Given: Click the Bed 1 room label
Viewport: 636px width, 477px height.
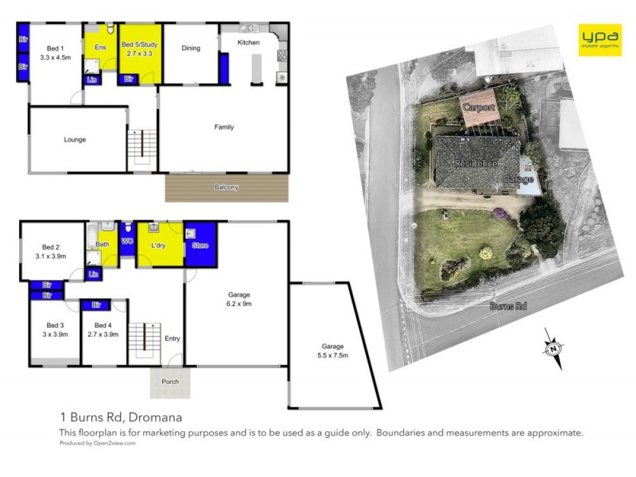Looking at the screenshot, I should [x=55, y=52].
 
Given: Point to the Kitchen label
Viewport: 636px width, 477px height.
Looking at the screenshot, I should [x=248, y=42].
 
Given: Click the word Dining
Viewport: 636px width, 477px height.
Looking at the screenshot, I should [x=191, y=48].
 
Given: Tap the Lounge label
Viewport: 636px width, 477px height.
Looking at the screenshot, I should [x=75, y=140].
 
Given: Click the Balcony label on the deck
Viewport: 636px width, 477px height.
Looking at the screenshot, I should [x=227, y=187].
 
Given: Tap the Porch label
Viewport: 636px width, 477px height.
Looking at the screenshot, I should [x=170, y=382].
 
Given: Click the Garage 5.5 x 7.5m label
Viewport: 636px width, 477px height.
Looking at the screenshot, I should [x=332, y=351].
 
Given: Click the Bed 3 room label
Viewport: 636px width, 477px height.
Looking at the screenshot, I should [x=55, y=329].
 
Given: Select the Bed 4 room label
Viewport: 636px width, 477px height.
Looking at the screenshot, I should [x=104, y=329].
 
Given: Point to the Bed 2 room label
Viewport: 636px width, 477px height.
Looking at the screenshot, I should [x=51, y=252].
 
